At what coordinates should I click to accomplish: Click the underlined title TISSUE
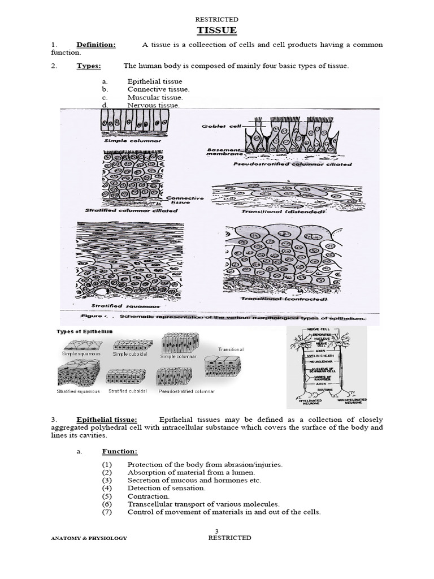click(216, 30)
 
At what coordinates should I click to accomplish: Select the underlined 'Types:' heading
click(89, 66)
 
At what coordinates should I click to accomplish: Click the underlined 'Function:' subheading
click(119, 451)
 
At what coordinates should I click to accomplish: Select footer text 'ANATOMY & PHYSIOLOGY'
click(89, 538)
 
